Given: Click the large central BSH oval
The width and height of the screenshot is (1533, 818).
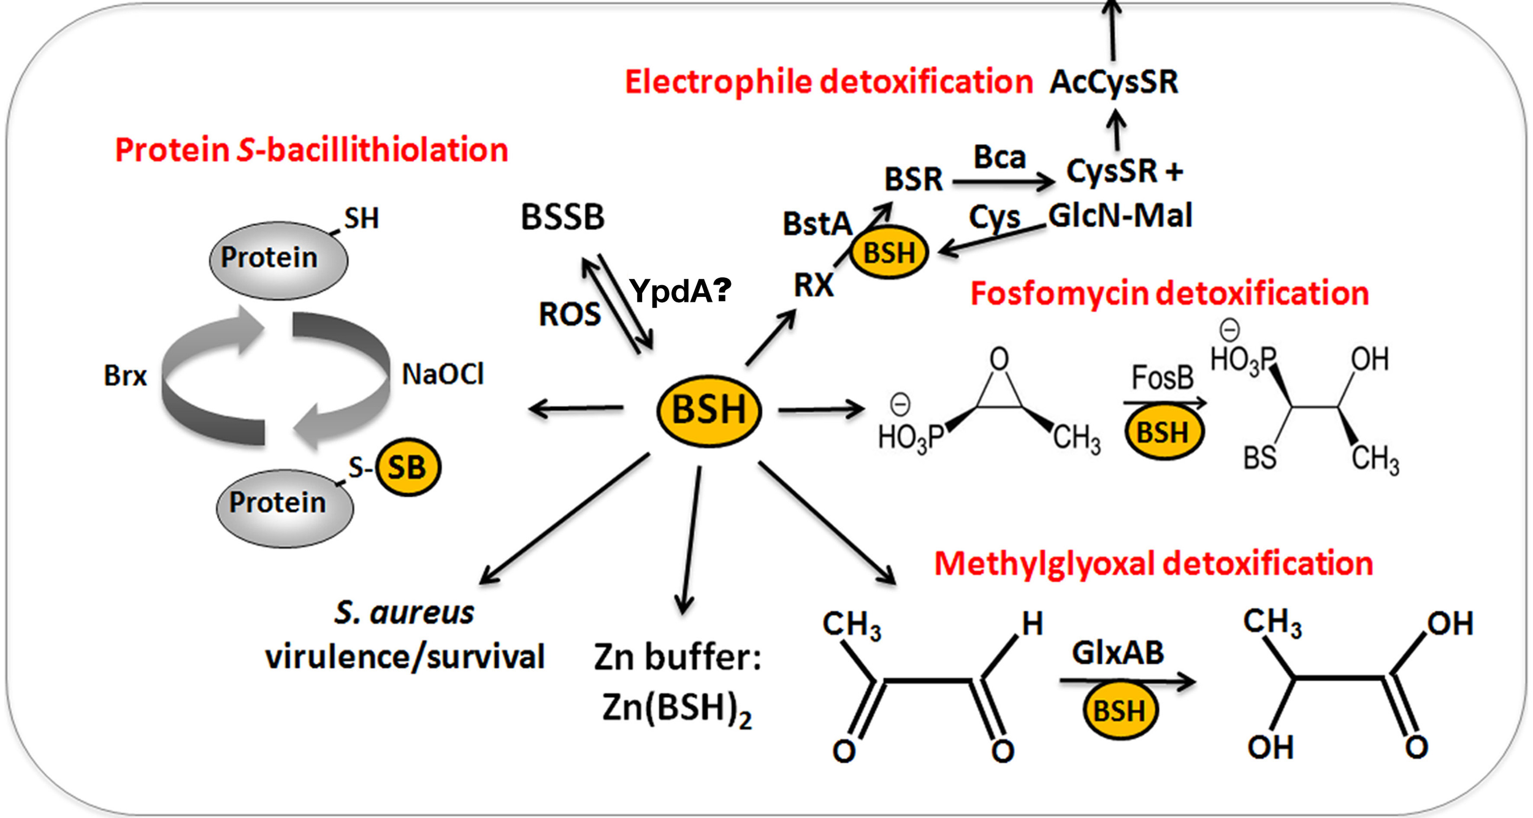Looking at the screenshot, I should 709,410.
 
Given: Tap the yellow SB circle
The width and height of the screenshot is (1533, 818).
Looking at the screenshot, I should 407,467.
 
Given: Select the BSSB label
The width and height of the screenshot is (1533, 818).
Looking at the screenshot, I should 562,217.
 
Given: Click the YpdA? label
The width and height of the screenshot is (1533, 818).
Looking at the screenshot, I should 679,291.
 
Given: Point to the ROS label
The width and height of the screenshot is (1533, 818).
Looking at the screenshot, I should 570,315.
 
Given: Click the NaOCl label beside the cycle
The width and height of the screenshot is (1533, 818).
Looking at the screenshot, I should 443,374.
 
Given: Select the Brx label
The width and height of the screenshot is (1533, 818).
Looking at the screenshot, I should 125,375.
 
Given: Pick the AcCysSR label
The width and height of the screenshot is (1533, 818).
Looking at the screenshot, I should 1114,82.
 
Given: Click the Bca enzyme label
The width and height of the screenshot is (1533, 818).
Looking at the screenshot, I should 1000,158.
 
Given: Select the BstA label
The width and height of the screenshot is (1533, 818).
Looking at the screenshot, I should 817,224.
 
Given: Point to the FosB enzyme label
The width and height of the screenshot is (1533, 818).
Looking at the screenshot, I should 1162,378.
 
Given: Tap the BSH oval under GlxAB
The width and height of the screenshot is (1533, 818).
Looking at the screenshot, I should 1119,711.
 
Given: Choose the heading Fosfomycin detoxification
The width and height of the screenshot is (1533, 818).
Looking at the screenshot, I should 1169,293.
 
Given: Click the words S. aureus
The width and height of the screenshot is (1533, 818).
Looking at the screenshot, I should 403,613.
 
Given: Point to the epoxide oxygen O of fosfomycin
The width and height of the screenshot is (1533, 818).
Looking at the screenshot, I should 999,359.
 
